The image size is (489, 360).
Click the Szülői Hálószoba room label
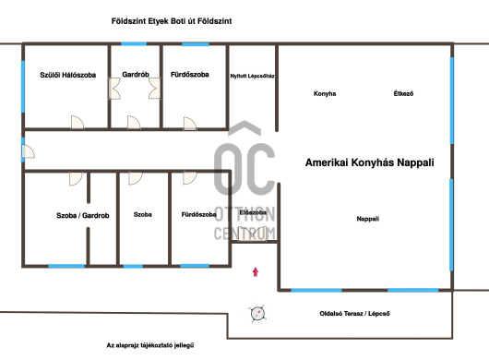coord(68,75)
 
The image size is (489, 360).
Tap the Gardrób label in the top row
coord(136,75)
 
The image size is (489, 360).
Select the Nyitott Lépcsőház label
coord(252,76)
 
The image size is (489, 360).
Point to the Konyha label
coord(325,93)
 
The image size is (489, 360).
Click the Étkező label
coord(403,93)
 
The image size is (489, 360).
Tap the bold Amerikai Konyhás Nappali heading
coord(370,162)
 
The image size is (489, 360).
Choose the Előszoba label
coord(253,212)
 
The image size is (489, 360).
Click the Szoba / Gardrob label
coord(83,216)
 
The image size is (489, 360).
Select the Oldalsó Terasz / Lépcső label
coord(354,314)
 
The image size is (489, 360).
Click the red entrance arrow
coord(256,272)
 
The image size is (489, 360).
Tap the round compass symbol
coord(258,314)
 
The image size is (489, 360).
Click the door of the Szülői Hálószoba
coord(77,122)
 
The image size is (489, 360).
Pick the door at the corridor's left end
coord(28,151)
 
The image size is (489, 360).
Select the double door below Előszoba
coord(253,234)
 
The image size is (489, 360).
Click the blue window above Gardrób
coord(134,44)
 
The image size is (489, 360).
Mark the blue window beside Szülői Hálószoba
coord(23,87)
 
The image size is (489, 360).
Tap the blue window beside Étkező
coord(451,100)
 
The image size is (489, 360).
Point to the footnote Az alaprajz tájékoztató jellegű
coord(150,345)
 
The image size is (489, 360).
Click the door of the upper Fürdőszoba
coord(190,124)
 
